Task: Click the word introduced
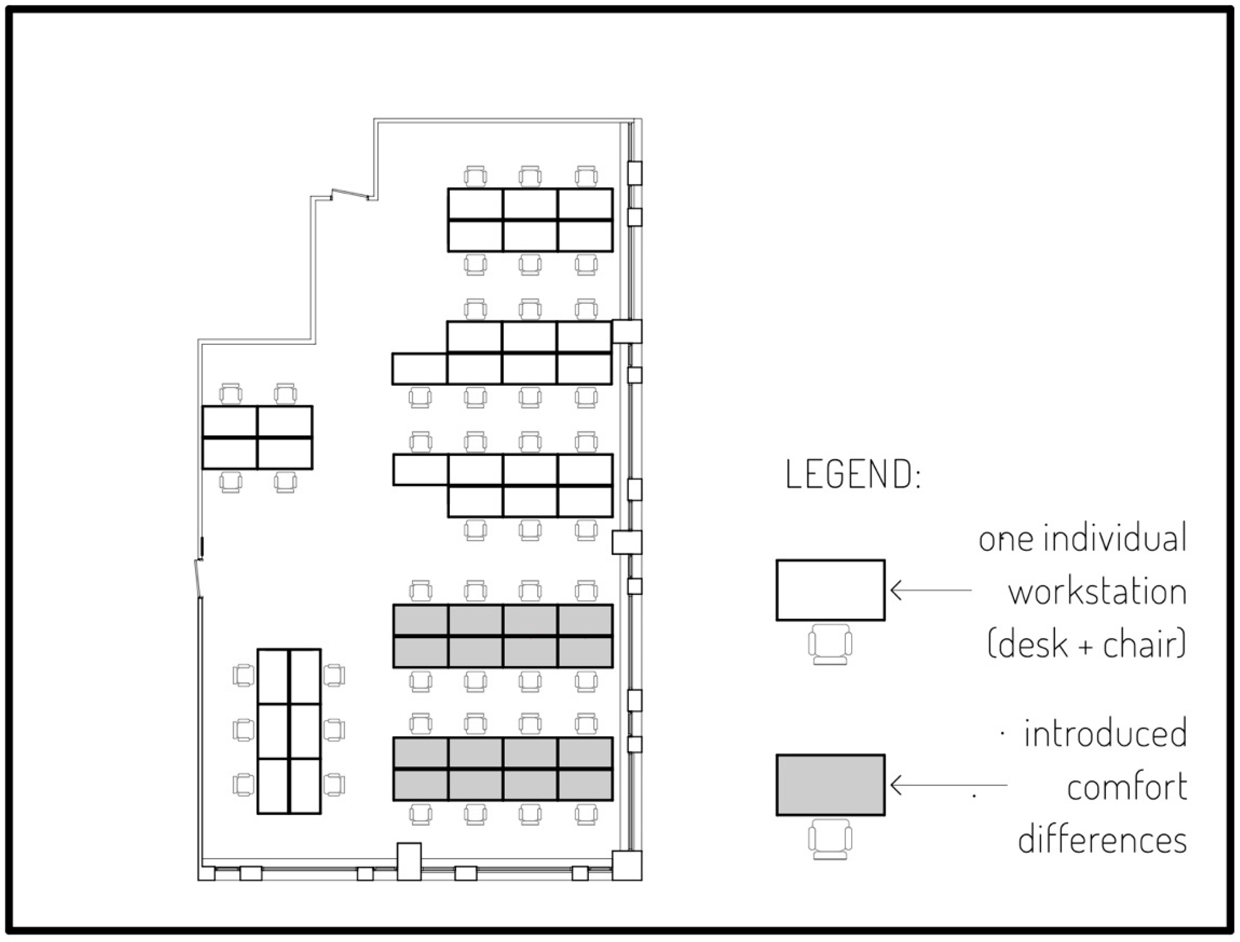pyautogui.click(x=1105, y=734)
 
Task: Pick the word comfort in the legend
pyautogui.click(x=1127, y=787)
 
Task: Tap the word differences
pyautogui.click(x=1102, y=840)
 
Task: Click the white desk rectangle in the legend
pyautogui.click(x=830, y=590)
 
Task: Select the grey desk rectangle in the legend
pyautogui.click(x=830, y=785)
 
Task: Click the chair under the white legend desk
pyautogui.click(x=830, y=645)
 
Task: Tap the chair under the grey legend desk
pyautogui.click(x=830, y=840)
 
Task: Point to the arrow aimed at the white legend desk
pyautogui.click(x=931, y=590)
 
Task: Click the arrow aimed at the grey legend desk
pyautogui.click(x=947, y=785)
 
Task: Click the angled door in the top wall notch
pyautogui.click(x=350, y=194)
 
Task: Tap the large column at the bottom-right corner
pyautogui.click(x=627, y=866)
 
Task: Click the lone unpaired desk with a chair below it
pyautogui.click(x=419, y=368)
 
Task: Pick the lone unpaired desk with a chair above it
pyautogui.click(x=420, y=469)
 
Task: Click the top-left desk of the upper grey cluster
pyautogui.click(x=420, y=620)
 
